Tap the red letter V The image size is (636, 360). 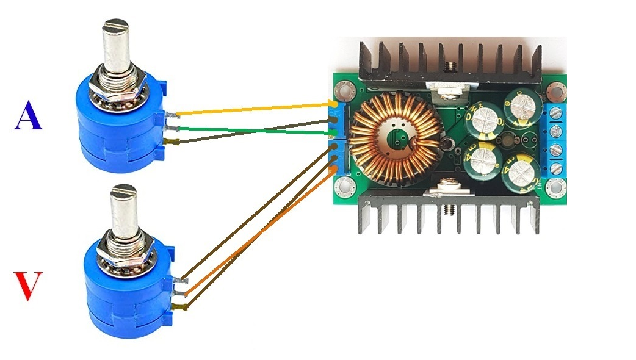coord(29,287)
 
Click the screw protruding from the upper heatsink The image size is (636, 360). coord(450,64)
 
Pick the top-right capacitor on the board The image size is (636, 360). coord(523,109)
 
